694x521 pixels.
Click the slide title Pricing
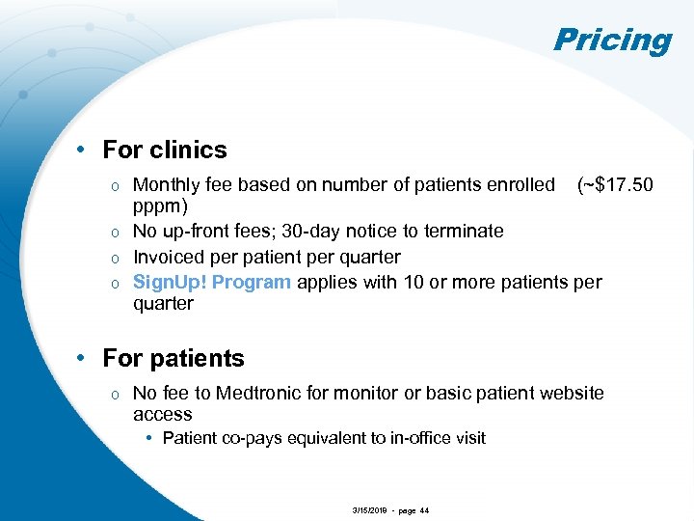(x=612, y=40)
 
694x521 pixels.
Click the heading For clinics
(x=165, y=150)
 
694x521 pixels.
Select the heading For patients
(x=173, y=358)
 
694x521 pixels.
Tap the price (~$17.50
(x=614, y=184)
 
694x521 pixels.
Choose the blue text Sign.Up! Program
(x=212, y=282)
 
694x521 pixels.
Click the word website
(x=569, y=393)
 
